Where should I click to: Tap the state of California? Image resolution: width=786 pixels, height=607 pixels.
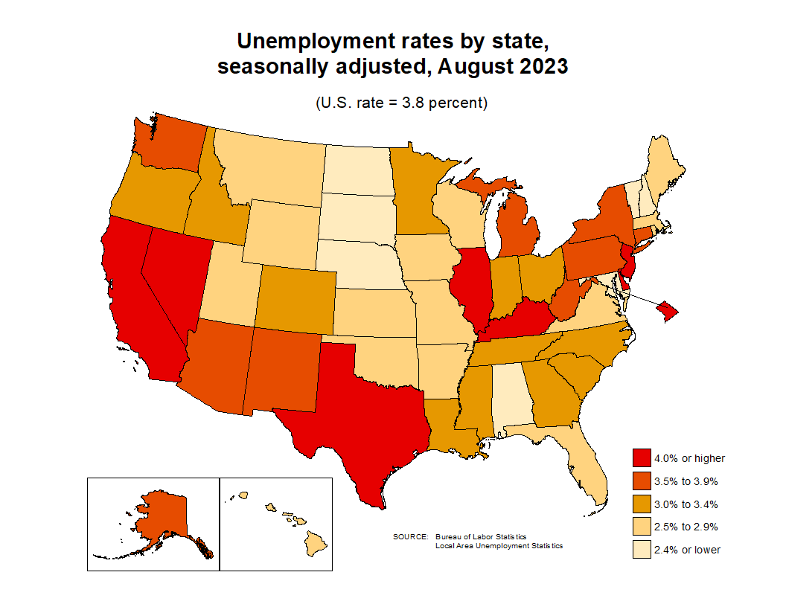pos(138,298)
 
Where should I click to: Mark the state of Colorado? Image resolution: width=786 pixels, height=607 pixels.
pos(294,298)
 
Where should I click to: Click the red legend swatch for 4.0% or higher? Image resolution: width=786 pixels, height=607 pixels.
pos(642,459)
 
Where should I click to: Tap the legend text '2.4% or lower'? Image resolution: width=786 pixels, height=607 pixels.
pos(687,550)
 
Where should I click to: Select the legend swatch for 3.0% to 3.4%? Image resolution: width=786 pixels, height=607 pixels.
pos(642,504)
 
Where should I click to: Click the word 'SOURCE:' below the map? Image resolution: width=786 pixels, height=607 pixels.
pos(410,537)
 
